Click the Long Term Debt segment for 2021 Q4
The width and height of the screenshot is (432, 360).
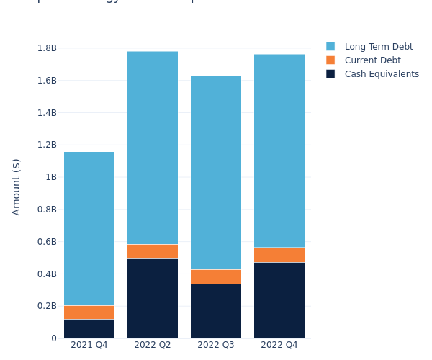coord(89,228)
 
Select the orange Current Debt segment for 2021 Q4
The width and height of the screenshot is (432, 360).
coord(89,312)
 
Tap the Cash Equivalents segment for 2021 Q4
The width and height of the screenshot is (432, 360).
coord(89,329)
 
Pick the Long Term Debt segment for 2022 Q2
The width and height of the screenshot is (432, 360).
coord(153,148)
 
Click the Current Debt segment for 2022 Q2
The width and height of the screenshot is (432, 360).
coord(153,251)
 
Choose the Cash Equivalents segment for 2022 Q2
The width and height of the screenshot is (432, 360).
coord(153,298)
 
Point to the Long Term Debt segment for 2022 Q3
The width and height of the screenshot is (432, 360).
coord(216,173)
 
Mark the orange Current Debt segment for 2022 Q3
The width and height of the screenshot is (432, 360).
coord(216,276)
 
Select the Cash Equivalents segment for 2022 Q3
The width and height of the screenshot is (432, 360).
coord(216,311)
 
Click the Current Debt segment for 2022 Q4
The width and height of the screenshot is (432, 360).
coord(279,255)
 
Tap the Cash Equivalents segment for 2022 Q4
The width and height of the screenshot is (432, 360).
coord(279,300)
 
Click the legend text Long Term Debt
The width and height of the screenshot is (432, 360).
coord(379,47)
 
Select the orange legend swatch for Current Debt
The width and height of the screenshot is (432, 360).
coord(330,60)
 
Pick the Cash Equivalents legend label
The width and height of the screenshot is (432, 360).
coord(382,74)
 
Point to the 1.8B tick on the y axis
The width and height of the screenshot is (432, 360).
coord(47,48)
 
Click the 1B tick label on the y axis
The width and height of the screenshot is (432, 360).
coord(51,177)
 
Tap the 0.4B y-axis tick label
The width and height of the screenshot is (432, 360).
coord(47,274)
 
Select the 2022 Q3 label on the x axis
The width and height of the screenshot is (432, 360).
coord(216,345)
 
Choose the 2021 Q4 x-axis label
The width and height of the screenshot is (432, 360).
coord(89,345)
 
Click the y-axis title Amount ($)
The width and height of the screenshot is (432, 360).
coord(17,186)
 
